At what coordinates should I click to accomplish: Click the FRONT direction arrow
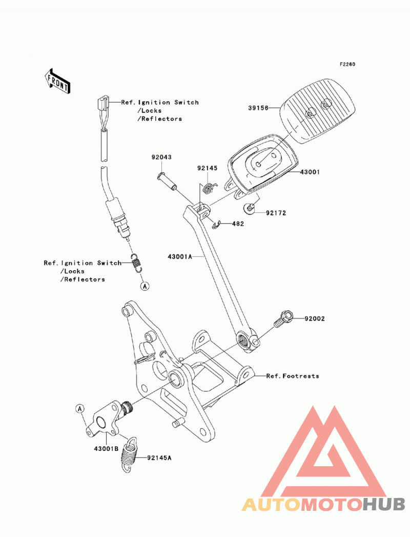(57, 81)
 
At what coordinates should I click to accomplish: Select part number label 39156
(258, 108)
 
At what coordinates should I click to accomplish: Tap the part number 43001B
(106, 448)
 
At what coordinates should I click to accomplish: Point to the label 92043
(161, 157)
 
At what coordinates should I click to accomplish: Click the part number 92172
(276, 213)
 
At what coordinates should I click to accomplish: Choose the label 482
(238, 224)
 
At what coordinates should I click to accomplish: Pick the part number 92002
(315, 319)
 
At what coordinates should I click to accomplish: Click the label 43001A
(180, 256)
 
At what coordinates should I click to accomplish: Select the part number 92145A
(159, 458)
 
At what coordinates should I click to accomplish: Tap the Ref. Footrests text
(293, 376)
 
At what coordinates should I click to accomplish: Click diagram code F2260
(347, 65)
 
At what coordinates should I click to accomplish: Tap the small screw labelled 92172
(249, 208)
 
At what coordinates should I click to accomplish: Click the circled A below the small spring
(145, 286)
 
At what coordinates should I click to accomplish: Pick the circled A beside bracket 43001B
(80, 409)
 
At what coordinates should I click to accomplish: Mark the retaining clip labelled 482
(216, 225)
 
